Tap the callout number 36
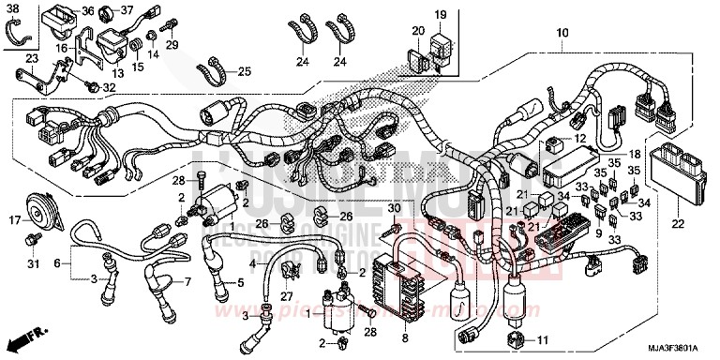coord(87,11)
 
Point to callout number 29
coord(171,44)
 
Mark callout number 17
coord(16,221)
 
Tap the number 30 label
coord(394,207)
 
